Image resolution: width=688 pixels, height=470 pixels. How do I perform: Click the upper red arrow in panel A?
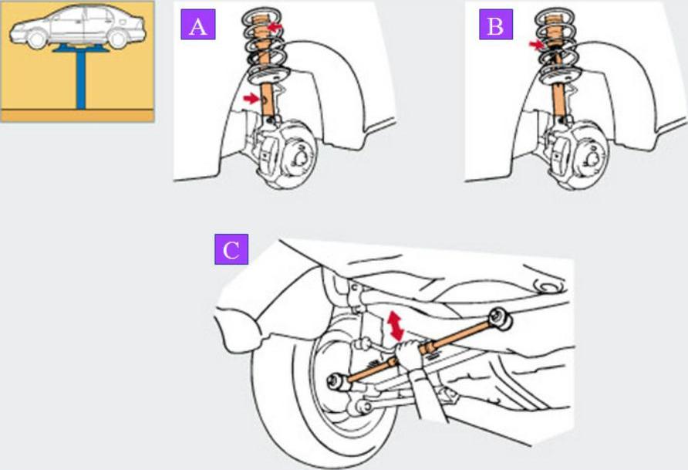pyautogui.click(x=275, y=28)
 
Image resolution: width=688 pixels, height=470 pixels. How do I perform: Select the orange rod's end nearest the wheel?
pyautogui.click(x=337, y=380)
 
